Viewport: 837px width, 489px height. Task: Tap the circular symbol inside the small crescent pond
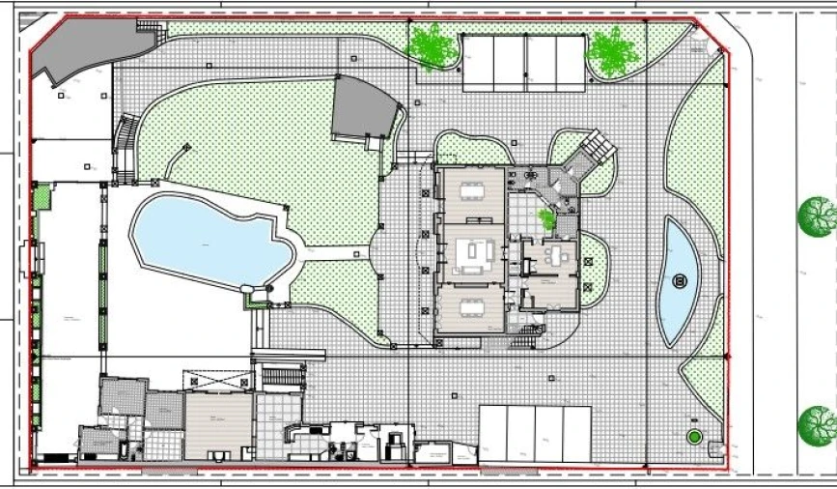coord(680,281)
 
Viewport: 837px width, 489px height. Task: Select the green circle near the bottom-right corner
coord(693,437)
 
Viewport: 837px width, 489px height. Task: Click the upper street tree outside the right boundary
coord(818,216)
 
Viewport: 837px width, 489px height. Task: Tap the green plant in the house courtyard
coord(547,219)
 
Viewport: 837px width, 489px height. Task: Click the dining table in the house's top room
coord(471,189)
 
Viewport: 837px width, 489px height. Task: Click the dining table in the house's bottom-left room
coord(471,308)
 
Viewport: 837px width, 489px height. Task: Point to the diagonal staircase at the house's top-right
coord(591,155)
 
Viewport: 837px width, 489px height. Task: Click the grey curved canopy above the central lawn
coord(363,110)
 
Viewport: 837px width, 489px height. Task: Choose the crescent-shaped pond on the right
coord(679,281)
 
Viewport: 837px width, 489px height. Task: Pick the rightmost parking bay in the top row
coord(570,62)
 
